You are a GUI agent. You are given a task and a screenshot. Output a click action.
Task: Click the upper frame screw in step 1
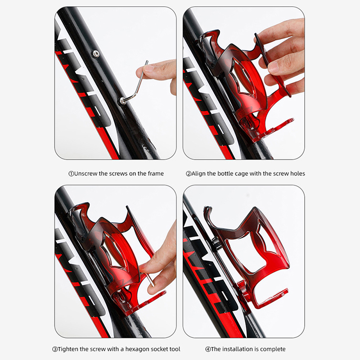click(x=95, y=54)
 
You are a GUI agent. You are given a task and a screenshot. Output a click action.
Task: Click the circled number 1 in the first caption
click(x=71, y=174)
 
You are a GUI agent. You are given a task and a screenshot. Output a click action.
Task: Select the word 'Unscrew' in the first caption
click(x=85, y=173)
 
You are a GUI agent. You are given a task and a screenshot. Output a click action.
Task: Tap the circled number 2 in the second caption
click(x=189, y=174)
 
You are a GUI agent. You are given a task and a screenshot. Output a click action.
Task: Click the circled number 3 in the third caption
click(x=55, y=350)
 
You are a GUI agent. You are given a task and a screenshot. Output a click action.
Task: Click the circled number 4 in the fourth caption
click(x=208, y=350)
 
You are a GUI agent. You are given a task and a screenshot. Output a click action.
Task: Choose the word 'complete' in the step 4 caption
click(x=273, y=350)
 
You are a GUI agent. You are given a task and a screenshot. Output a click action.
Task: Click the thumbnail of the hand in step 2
click(x=273, y=67)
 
